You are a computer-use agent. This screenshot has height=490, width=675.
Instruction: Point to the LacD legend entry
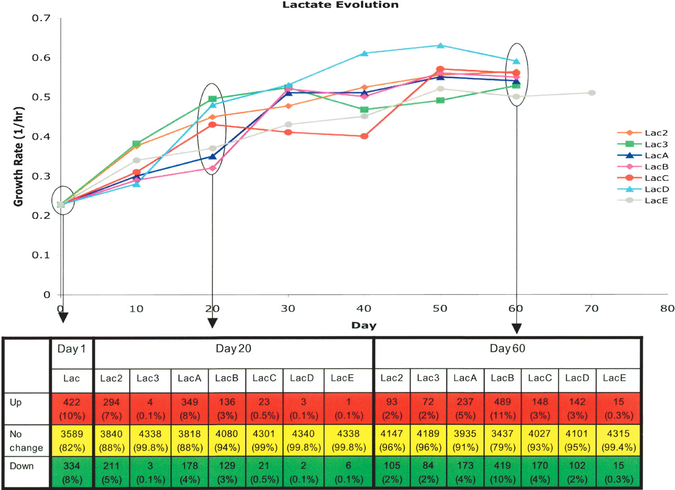[x=640, y=189]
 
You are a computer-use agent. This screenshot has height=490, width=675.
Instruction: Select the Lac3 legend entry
[x=640, y=144]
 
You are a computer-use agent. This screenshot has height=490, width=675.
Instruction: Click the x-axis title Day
[x=364, y=325]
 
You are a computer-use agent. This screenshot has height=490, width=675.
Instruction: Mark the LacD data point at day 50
[x=440, y=46]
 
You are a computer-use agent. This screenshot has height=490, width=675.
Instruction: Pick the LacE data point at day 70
[x=592, y=93]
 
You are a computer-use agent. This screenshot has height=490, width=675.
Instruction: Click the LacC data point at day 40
[x=364, y=136]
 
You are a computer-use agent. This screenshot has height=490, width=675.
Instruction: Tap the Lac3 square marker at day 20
[x=212, y=99]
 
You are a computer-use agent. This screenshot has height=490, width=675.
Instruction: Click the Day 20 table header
[x=233, y=349]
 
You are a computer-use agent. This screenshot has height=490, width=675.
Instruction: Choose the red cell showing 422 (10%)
[x=72, y=406]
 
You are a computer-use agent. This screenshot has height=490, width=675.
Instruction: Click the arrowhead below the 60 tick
[x=516, y=328]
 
